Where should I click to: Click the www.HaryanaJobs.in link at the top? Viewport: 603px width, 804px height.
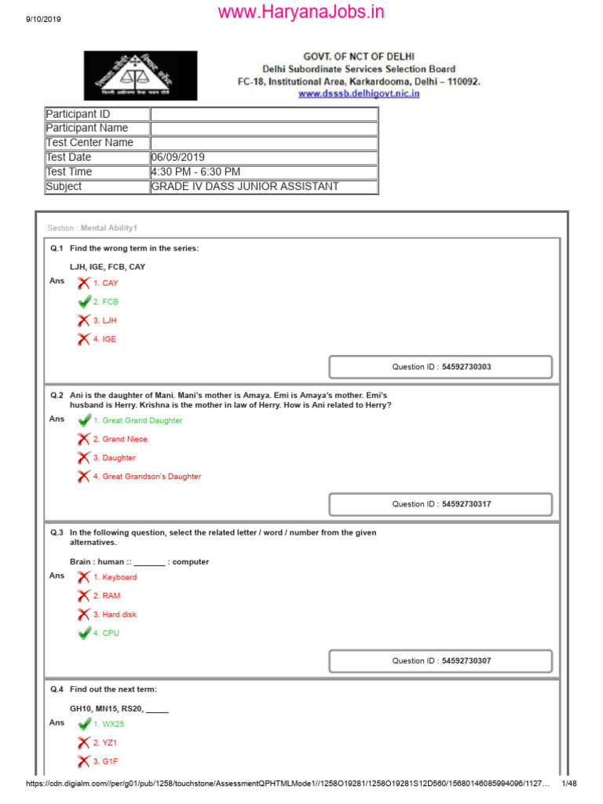301,12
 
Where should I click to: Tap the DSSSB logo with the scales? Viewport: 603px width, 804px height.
141,75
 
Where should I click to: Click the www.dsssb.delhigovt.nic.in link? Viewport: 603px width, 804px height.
359,93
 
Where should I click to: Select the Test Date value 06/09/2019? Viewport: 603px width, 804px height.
177,157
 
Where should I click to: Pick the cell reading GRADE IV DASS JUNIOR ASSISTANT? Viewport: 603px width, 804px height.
245,187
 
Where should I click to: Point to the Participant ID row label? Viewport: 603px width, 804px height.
78,115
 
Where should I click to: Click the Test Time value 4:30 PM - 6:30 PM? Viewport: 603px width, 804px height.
196,172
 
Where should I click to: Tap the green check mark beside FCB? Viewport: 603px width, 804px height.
84,301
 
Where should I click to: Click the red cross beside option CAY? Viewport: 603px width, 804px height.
84,283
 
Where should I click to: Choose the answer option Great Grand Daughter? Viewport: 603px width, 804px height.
142,421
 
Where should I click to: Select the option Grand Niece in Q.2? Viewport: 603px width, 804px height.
125,440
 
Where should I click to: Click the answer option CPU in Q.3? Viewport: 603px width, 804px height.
111,634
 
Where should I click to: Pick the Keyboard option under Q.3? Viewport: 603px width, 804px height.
119,577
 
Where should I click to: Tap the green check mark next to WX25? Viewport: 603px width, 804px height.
84,724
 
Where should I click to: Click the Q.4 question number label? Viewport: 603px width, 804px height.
57,689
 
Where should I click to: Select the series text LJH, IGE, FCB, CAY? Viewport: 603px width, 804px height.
108,267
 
